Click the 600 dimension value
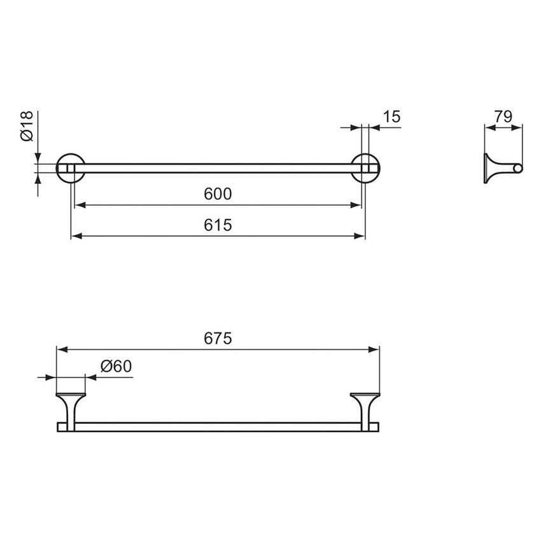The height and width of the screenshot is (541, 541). [218, 194]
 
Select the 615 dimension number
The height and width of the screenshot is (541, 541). [218, 225]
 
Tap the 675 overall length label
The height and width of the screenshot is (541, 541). [218, 338]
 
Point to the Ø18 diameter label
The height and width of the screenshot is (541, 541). [27, 126]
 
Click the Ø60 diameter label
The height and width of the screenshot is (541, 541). [116, 366]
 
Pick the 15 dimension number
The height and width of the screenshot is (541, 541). [391, 116]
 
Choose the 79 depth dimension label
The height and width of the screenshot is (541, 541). [503, 116]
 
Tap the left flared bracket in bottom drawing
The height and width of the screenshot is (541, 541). [71, 411]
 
